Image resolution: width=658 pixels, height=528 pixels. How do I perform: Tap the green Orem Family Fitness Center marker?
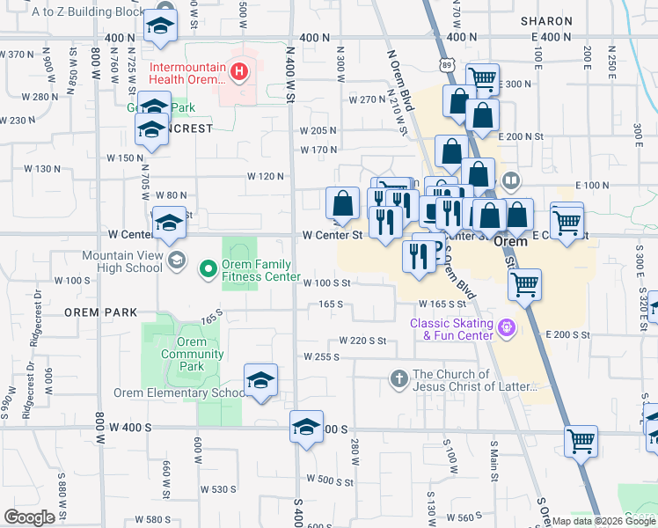point(208,268)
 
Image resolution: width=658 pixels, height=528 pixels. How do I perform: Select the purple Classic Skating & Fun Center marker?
point(506,328)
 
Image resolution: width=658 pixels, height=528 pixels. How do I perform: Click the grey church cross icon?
point(398,379)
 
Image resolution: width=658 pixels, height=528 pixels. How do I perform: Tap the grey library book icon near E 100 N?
point(509,182)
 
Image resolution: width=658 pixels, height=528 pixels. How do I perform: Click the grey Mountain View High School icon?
point(177,260)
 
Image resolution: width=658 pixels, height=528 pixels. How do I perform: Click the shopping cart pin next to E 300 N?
point(482,78)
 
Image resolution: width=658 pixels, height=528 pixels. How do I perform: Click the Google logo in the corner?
point(30,517)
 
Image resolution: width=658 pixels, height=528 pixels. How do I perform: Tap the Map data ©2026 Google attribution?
point(603,521)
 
